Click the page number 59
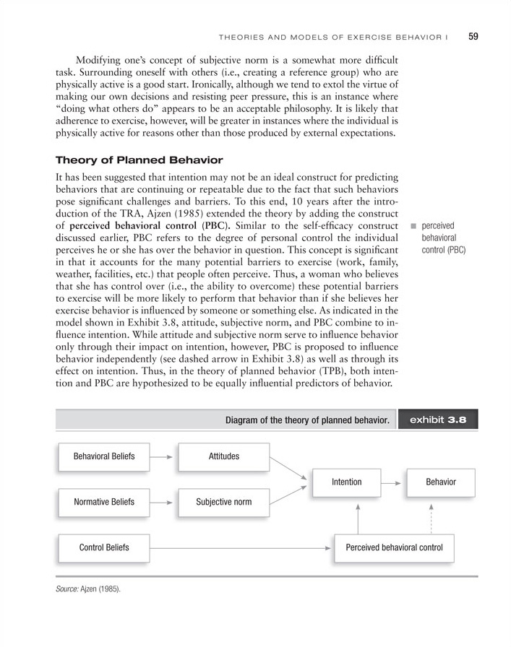point(474,35)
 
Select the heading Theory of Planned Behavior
point(139,160)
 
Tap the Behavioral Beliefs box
point(104,456)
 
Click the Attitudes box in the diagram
point(223,456)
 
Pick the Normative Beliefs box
point(104,502)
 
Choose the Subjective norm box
point(223,502)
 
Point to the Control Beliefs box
point(104,547)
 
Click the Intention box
point(346,482)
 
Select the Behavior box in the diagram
point(441,482)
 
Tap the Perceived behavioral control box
point(394,547)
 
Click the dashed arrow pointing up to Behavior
point(431,518)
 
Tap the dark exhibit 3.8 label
point(437,420)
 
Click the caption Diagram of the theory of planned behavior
point(308,420)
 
